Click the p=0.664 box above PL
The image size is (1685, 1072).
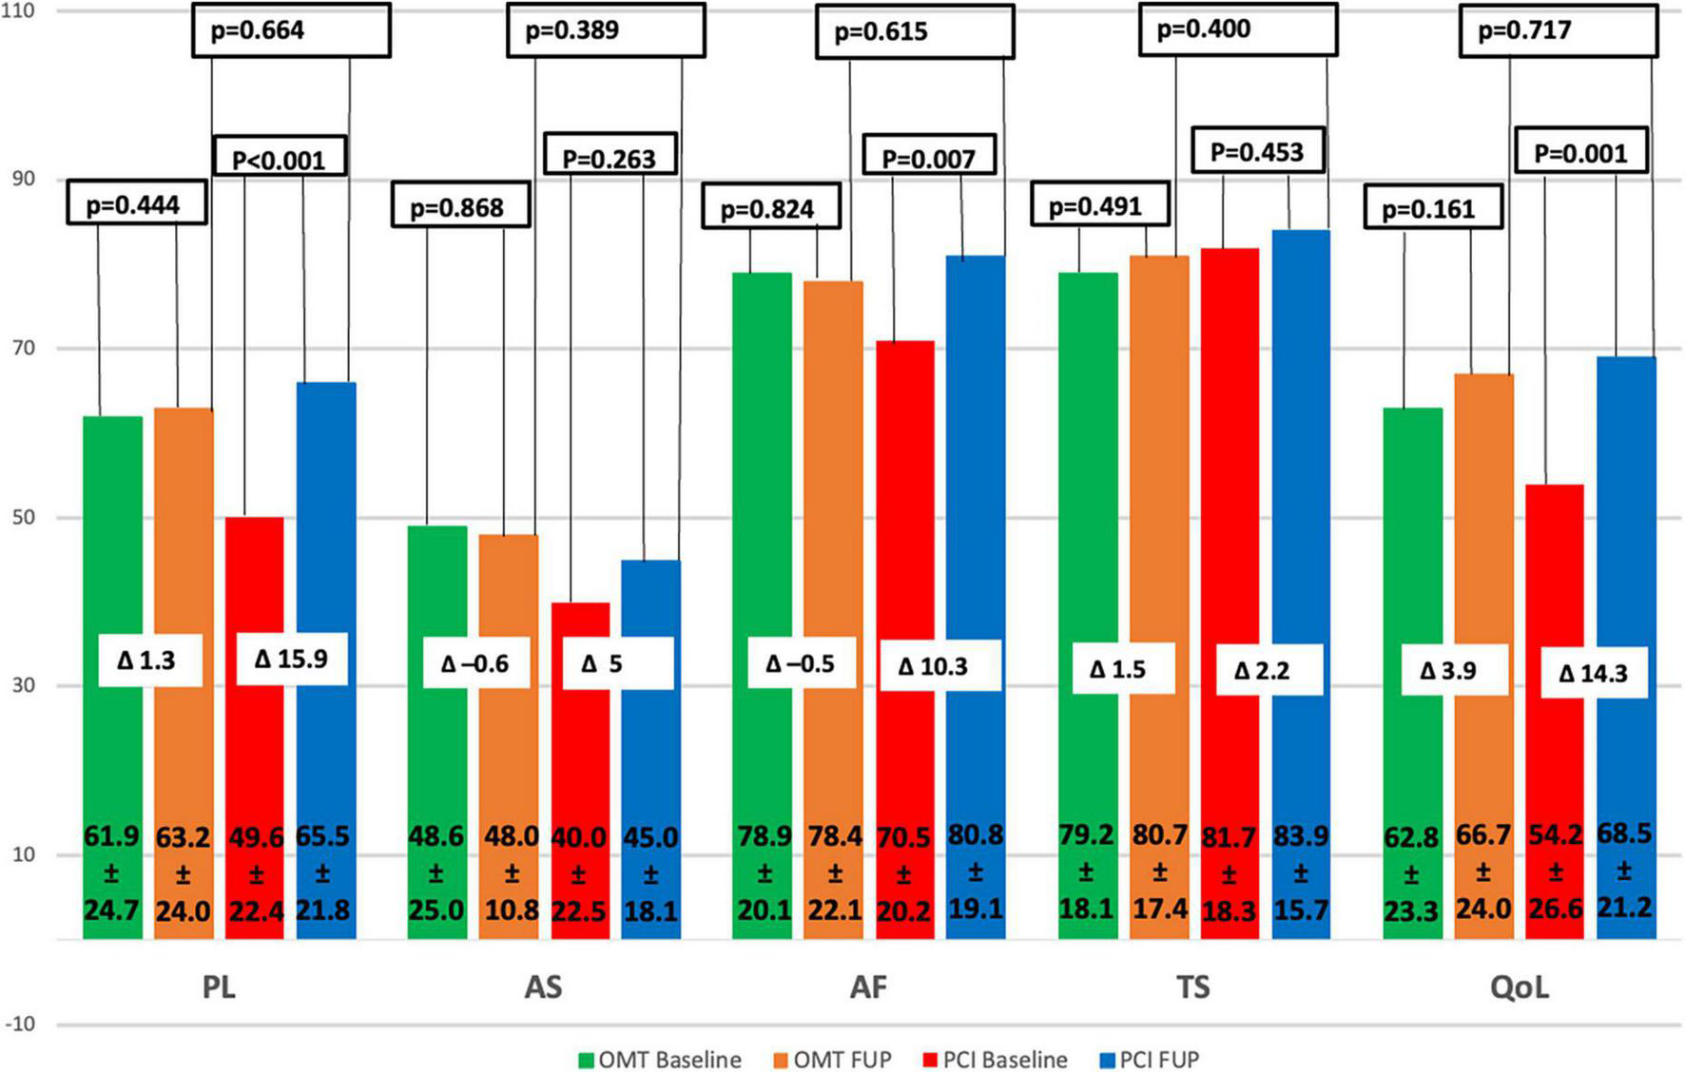(x=291, y=30)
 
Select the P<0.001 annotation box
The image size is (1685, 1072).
(x=279, y=158)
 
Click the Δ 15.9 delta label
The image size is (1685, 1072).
(x=291, y=659)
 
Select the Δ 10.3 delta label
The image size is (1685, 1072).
(x=933, y=666)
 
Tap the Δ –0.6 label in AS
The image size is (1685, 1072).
(x=475, y=663)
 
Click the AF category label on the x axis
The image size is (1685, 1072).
(x=867, y=987)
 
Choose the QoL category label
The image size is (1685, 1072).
(x=1519, y=987)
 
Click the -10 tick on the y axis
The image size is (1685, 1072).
(x=19, y=1024)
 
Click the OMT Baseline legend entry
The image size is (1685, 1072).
(x=660, y=1060)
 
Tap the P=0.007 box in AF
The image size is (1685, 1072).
(x=929, y=158)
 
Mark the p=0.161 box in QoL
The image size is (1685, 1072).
(x=1432, y=208)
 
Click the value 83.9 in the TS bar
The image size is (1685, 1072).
(x=1300, y=836)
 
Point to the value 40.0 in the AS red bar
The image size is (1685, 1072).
(x=578, y=838)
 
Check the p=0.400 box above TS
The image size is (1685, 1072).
(x=1237, y=29)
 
